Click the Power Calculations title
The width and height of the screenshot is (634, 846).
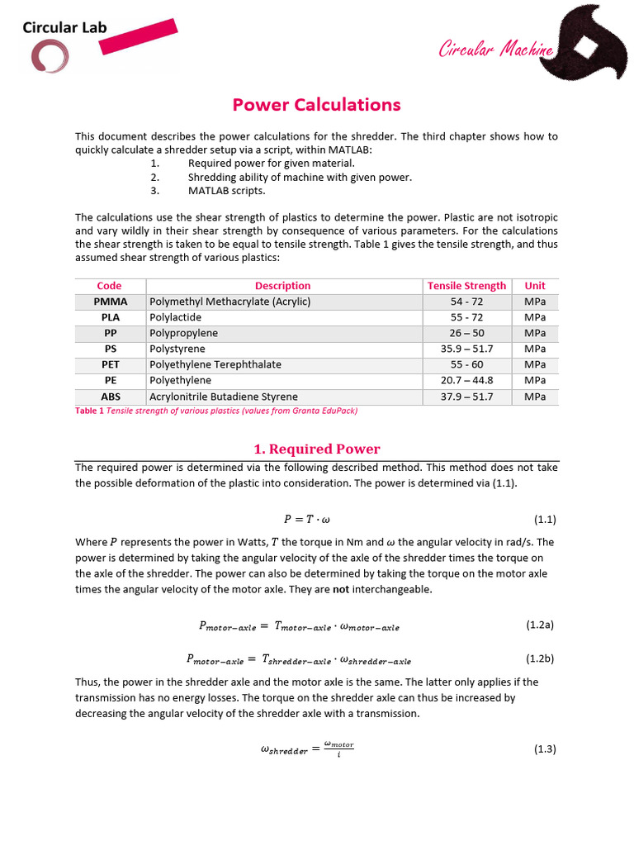[x=316, y=105]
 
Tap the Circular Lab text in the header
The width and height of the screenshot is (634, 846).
[x=65, y=27]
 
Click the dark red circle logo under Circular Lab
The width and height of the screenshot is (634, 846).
[x=50, y=56]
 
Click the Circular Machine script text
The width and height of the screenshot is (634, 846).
[x=494, y=50]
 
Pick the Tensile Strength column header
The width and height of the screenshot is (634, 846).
[x=466, y=286]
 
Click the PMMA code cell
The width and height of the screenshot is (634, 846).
[x=110, y=302]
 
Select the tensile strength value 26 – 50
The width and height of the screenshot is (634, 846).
[x=466, y=333]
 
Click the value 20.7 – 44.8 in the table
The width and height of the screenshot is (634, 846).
[x=466, y=380]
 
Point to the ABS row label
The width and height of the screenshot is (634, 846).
[x=110, y=397]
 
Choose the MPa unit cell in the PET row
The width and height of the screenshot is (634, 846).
[x=535, y=364]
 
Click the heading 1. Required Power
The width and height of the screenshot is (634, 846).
[x=316, y=449]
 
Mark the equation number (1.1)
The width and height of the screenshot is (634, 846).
[x=545, y=520]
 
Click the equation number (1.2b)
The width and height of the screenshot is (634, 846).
[x=540, y=659]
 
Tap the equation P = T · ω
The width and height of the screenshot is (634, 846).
[x=306, y=520]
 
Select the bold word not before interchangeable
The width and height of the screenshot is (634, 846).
[x=339, y=589]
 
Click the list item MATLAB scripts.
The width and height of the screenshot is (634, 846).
[x=227, y=191]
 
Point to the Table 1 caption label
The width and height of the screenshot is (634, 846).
[x=90, y=411]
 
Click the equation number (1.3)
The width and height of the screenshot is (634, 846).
[x=545, y=749]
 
